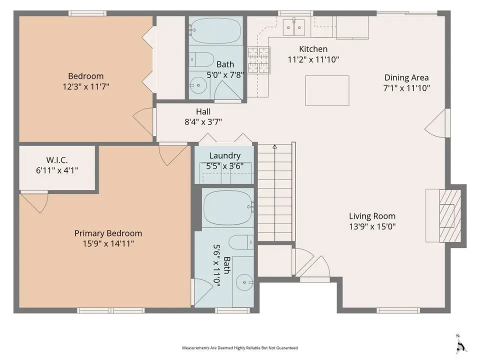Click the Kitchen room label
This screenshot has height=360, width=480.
pyautogui.click(x=313, y=49)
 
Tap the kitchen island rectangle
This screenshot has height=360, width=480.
pyautogui.click(x=327, y=90)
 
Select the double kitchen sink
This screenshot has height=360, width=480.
pyautogui.click(x=294, y=27)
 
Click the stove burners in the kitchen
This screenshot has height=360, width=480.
pyautogui.click(x=258, y=60)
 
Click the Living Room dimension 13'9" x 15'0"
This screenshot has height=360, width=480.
pyautogui.click(x=372, y=227)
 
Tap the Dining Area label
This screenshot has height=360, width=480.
pyautogui.click(x=406, y=78)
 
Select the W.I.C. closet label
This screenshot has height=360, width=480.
pyautogui.click(x=57, y=160)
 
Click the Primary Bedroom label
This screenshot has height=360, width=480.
pyautogui.click(x=108, y=233)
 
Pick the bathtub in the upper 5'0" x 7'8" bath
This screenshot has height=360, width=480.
pyautogui.click(x=215, y=30)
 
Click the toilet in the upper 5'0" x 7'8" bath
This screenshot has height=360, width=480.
pyautogui.click(x=201, y=59)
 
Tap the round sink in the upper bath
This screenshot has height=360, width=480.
pyautogui.click(x=198, y=85)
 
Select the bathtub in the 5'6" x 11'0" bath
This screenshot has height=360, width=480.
pyautogui.click(x=228, y=207)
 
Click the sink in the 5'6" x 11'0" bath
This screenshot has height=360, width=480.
pyautogui.click(x=244, y=282)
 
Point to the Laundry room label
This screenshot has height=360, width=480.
pyautogui.click(x=224, y=155)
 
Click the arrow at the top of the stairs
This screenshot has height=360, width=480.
pyautogui.click(x=275, y=147)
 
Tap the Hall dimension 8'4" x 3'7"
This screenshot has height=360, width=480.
pyautogui.click(x=203, y=122)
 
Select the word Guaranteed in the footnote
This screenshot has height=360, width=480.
pyautogui.click(x=287, y=348)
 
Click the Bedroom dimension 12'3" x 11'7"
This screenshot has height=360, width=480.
pyautogui.click(x=85, y=86)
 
